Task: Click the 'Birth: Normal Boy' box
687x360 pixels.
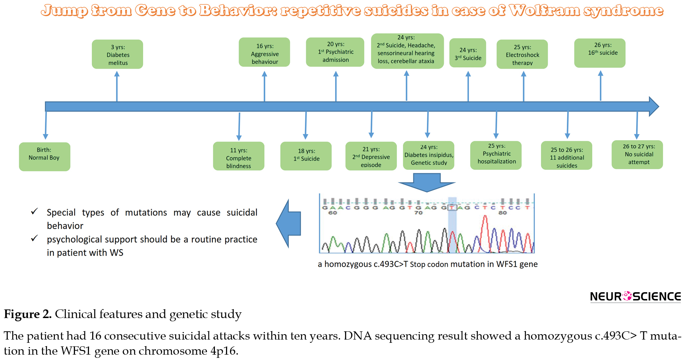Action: click(44, 157)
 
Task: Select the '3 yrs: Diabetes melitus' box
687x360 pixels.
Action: click(117, 54)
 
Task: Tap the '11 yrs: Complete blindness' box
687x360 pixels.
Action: click(239, 156)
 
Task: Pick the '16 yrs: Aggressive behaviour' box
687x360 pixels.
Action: click(264, 52)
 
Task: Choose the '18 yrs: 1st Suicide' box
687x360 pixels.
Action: click(306, 156)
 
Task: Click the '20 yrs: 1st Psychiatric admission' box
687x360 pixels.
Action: click(335, 52)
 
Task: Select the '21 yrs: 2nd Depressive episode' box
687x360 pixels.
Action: click(371, 156)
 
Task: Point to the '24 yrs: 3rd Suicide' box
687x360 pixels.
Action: click(468, 53)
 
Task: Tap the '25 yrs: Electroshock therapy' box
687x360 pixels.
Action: click(522, 54)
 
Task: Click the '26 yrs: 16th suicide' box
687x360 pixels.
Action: click(600, 53)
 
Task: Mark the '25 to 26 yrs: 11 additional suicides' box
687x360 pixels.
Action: click(566, 155)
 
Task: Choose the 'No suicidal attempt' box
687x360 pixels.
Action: click(637, 155)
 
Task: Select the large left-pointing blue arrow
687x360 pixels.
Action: click(288, 224)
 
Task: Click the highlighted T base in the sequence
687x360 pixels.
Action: click(452, 208)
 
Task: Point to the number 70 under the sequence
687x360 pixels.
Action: click(418, 213)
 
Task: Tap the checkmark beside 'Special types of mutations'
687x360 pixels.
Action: click(34, 211)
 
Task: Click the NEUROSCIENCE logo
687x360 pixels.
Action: click(635, 297)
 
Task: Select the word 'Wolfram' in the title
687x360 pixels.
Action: click(544, 10)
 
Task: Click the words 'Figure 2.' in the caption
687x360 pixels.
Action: click(28, 314)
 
